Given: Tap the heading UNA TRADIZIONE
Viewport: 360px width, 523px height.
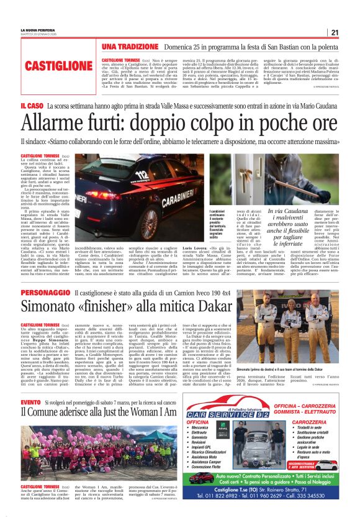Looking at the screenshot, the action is (x=130, y=47).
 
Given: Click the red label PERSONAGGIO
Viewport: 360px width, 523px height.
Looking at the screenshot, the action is (x=45, y=293).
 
